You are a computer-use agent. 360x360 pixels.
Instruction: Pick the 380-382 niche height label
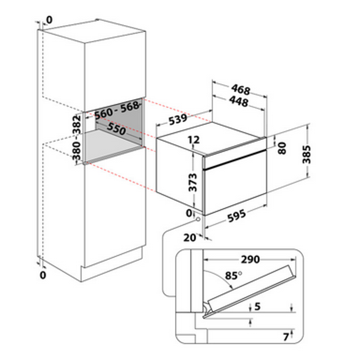(x=77, y=138)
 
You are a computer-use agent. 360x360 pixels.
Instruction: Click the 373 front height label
(x=193, y=182)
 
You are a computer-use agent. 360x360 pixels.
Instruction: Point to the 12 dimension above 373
(x=194, y=140)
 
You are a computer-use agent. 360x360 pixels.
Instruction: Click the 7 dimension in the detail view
(x=286, y=337)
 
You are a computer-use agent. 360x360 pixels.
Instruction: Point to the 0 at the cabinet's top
(x=50, y=19)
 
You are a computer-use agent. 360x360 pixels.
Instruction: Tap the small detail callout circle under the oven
(x=198, y=219)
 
